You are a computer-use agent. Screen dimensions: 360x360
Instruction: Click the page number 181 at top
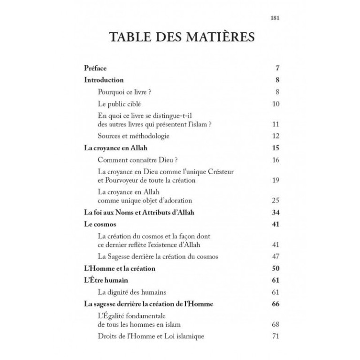(x=275, y=19)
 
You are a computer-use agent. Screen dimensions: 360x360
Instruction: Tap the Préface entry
(x=95, y=69)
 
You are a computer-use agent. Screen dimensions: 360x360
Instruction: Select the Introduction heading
(x=104, y=80)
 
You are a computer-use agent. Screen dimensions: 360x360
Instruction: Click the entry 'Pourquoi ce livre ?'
(x=124, y=92)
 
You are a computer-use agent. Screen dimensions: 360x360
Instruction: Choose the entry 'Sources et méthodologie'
(x=133, y=137)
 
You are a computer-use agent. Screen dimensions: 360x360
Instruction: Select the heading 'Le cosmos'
(x=100, y=224)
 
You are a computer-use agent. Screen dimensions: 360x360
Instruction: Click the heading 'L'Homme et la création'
(x=119, y=269)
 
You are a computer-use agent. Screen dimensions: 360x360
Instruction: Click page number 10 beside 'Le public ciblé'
(x=276, y=104)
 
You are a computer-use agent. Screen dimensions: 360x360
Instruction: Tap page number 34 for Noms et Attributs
(x=276, y=213)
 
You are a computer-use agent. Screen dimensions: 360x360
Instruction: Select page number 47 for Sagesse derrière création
(x=276, y=257)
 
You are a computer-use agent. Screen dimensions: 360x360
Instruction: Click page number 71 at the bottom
(x=276, y=337)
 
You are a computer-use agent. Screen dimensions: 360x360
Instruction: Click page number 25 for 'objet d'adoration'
(x=276, y=200)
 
